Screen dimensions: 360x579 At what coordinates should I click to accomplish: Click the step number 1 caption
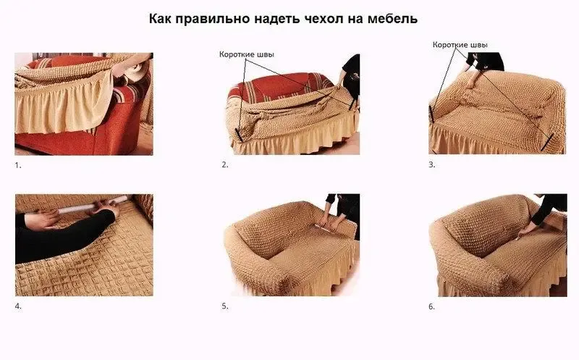click(x=18, y=165)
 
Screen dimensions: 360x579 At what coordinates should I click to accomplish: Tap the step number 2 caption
click(x=225, y=165)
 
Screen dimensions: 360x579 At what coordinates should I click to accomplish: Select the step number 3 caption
click(x=432, y=165)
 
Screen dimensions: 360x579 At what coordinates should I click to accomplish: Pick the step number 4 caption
click(x=18, y=306)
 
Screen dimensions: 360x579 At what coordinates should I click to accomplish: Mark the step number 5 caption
click(x=225, y=306)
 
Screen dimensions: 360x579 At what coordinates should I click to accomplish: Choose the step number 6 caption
click(x=432, y=306)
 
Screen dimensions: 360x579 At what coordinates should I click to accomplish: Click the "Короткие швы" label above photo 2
click(x=248, y=54)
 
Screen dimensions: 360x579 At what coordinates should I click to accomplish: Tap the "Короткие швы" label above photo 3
click(x=460, y=44)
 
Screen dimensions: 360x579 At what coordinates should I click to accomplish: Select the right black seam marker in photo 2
click(x=352, y=104)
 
